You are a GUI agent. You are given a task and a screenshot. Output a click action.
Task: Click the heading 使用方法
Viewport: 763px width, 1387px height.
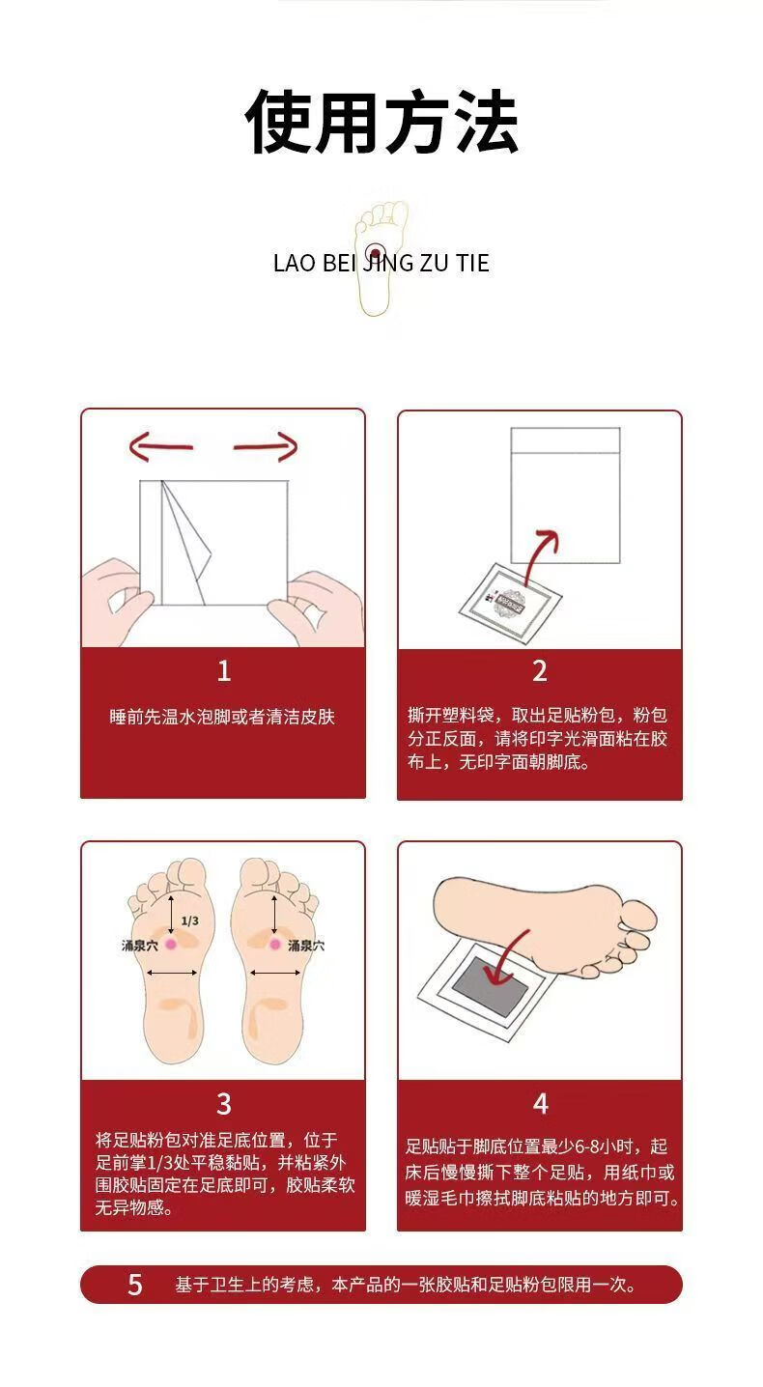click(x=381, y=122)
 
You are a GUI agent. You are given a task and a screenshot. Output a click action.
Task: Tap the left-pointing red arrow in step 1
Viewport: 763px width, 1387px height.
click(x=160, y=446)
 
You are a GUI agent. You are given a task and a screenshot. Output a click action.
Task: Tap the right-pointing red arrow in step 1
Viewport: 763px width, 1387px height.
click(x=266, y=446)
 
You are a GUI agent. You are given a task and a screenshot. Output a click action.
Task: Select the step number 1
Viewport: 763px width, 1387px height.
click(x=223, y=671)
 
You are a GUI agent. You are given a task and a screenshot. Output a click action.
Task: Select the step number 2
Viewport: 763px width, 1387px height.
click(x=540, y=671)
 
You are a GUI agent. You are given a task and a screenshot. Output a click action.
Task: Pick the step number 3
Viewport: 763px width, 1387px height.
click(x=223, y=1104)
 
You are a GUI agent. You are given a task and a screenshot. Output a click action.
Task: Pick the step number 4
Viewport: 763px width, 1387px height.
click(x=540, y=1104)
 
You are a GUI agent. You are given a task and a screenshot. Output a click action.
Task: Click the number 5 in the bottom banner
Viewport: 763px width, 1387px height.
click(x=135, y=1285)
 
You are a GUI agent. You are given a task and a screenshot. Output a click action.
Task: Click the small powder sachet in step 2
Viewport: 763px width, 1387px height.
click(x=511, y=603)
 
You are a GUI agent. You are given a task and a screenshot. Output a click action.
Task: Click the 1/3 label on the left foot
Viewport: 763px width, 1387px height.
click(x=190, y=920)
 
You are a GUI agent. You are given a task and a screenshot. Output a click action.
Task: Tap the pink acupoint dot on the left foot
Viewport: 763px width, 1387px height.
click(x=171, y=944)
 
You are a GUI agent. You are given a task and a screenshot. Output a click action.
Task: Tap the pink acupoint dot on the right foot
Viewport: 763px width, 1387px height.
click(x=275, y=944)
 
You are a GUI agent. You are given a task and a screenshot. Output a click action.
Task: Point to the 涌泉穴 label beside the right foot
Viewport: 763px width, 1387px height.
click(x=306, y=946)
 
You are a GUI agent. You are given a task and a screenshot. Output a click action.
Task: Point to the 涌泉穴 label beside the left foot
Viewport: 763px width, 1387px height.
click(x=140, y=946)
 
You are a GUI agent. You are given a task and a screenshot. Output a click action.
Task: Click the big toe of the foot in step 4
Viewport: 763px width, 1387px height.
click(x=636, y=915)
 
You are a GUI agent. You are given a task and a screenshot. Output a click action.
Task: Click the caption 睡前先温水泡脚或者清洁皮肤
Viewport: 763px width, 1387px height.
click(x=222, y=717)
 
